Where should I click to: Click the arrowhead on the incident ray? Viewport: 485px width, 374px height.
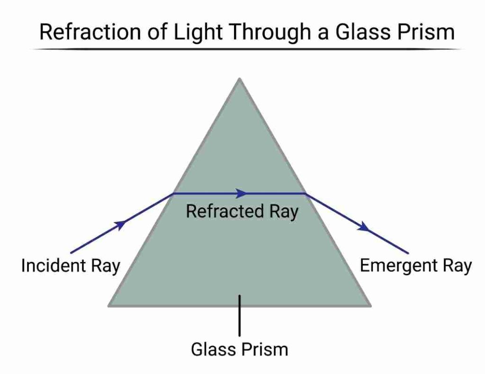pyautogui.click(x=121, y=224)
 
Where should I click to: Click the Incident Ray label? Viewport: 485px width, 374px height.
pyautogui.click(x=71, y=266)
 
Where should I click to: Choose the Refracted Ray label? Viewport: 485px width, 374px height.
pyautogui.click(x=242, y=212)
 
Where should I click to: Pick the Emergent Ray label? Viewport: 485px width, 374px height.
pyautogui.click(x=416, y=266)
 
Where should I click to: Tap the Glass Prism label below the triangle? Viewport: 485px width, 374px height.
pyautogui.click(x=239, y=350)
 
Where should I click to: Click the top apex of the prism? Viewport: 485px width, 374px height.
pyautogui.click(x=240, y=79)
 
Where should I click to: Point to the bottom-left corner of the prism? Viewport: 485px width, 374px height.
pyautogui.click(x=110, y=305)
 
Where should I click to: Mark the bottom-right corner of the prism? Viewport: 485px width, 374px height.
pyautogui.click(x=369, y=305)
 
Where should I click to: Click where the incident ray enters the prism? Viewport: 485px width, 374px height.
pyautogui.click(x=173, y=193)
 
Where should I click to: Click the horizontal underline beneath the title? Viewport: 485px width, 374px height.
pyautogui.click(x=246, y=49)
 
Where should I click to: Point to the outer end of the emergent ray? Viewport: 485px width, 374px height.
pyautogui.click(x=407, y=252)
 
